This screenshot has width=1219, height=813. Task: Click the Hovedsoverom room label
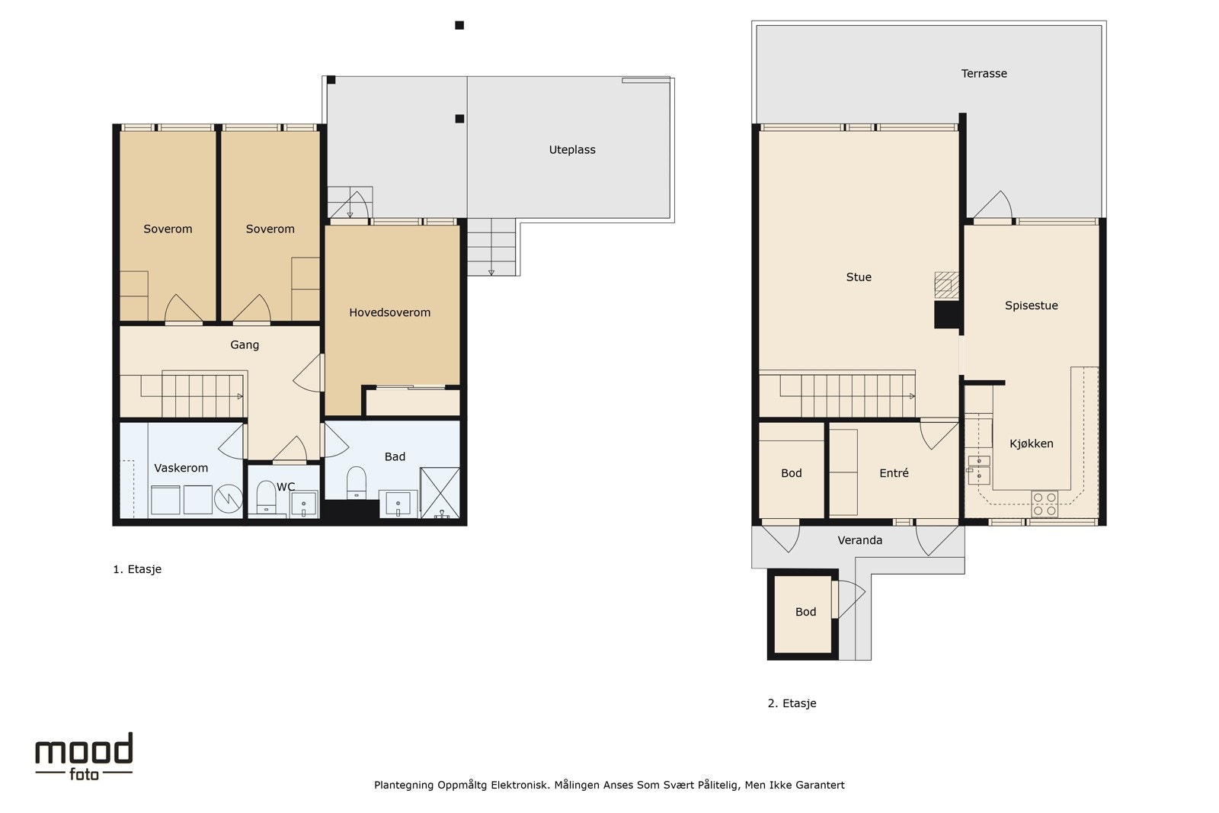coord(389,312)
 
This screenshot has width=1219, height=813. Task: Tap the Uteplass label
coord(572,149)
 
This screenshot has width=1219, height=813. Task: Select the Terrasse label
coord(984,73)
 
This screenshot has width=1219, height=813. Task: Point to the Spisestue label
coord(1032,306)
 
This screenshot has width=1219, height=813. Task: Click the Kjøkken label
coord(1032,443)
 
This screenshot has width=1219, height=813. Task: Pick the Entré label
coord(894,473)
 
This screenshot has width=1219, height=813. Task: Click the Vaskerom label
coord(181,468)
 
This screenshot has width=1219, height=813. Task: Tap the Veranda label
coord(860,540)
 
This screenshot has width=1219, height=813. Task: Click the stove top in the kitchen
coord(1045,504)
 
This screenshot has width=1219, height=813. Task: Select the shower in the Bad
coord(440,492)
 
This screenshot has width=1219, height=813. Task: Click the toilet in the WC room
coord(266,496)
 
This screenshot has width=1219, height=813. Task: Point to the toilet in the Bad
coord(357,482)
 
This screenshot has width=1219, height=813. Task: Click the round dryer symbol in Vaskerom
coord(228,498)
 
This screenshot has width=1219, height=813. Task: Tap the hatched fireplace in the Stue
coord(946,285)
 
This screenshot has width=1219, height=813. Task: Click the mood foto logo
coord(84,757)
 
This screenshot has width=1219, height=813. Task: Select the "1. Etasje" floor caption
coord(137,569)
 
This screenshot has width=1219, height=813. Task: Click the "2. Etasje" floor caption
coord(792,703)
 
